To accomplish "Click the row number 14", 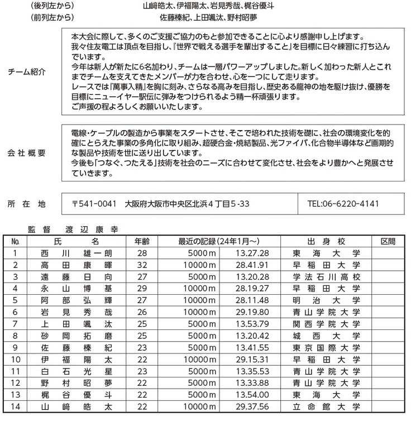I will click(16, 407).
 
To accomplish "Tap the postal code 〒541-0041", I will click(94, 204).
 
